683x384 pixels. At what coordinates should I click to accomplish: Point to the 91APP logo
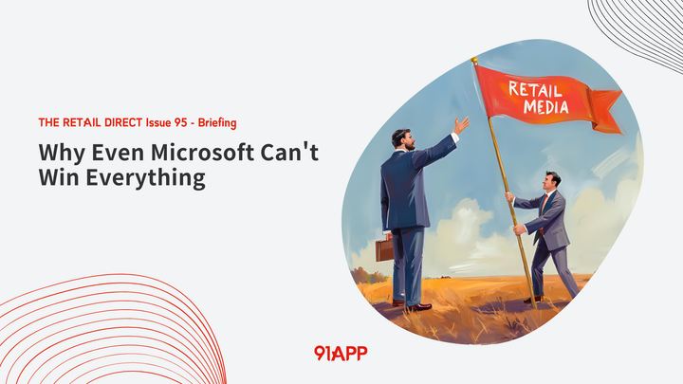click(x=340, y=353)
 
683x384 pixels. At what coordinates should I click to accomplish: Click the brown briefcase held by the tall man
click(x=384, y=248)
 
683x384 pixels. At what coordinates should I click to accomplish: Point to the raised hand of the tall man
click(x=461, y=125)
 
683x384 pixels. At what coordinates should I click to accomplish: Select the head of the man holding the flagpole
click(x=552, y=179)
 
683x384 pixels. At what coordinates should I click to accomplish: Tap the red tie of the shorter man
click(x=545, y=204)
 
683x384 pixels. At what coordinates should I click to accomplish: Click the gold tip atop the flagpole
click(x=474, y=61)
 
